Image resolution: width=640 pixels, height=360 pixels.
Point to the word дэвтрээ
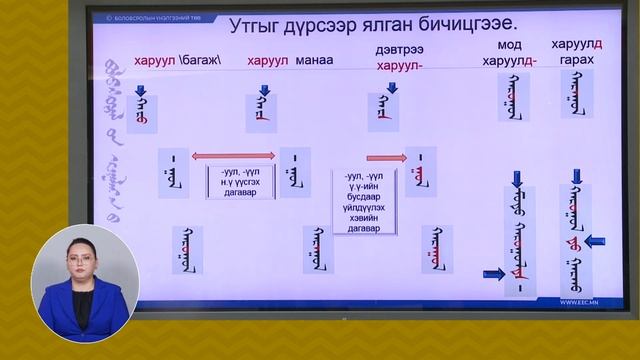pos(398,50)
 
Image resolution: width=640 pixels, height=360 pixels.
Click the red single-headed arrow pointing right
pos(385,157)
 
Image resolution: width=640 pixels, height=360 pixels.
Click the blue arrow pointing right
pos(494,273)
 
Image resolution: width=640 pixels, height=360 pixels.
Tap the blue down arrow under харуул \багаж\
pos(141,92)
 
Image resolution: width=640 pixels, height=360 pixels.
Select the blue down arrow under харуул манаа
pos(264,92)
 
